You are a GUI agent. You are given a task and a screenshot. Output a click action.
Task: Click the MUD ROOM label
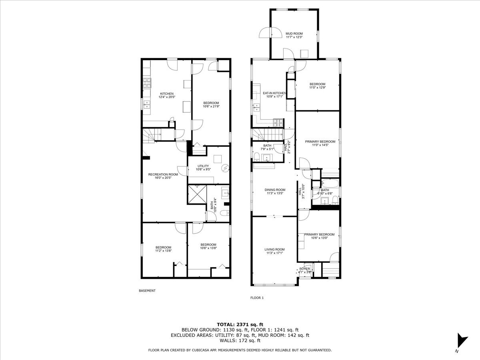pyautogui.click(x=294, y=34)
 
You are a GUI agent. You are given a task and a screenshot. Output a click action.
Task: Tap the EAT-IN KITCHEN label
pyautogui.click(x=274, y=93)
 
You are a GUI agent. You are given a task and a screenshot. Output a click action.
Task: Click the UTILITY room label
pyautogui.click(x=203, y=166)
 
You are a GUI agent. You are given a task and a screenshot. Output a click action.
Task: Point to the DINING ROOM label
pyautogui.click(x=275, y=190)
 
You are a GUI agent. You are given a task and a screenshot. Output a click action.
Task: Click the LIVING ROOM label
pyautogui.click(x=274, y=250)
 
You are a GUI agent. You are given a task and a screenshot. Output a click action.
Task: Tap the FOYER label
pyautogui.click(x=304, y=269)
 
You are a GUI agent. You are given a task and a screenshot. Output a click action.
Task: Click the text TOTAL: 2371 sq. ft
pyautogui.click(x=240, y=324)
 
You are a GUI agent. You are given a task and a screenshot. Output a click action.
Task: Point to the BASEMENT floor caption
pyautogui.click(x=147, y=291)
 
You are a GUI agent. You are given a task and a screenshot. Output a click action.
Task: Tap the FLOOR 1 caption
pyautogui.click(x=257, y=298)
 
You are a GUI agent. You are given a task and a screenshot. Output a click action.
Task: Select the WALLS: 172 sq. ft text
pyautogui.click(x=240, y=341)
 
